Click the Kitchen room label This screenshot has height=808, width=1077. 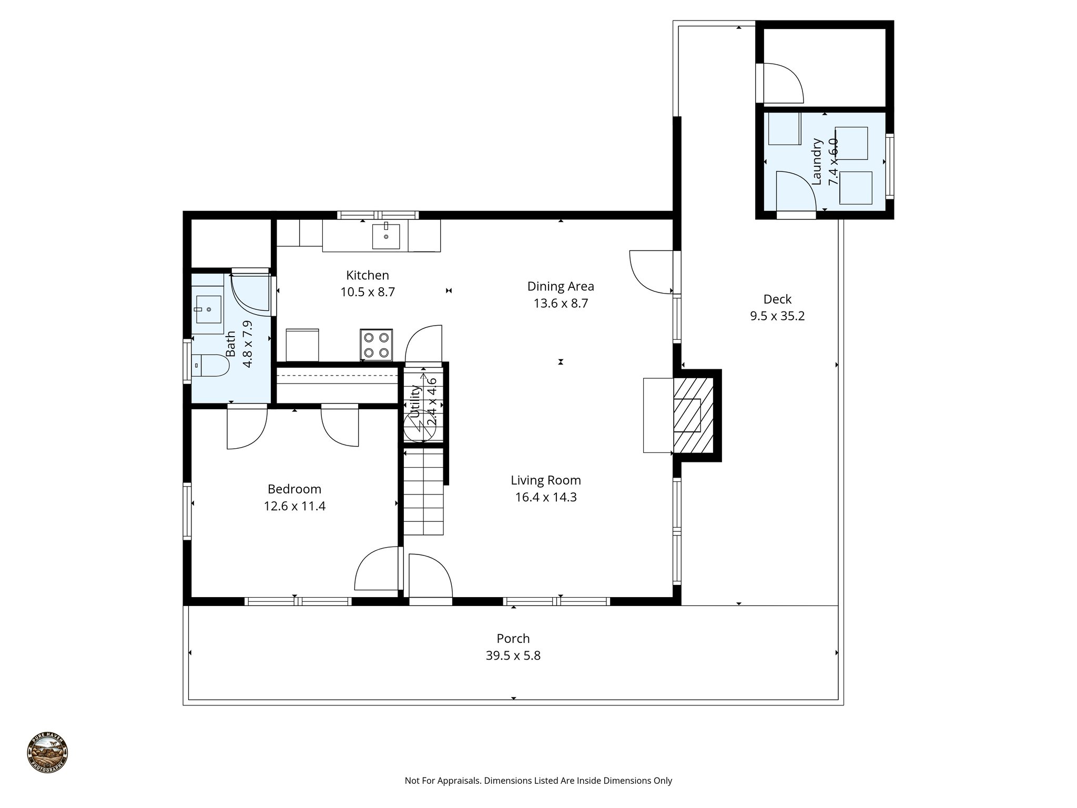[x=367, y=275]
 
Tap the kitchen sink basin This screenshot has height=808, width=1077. [x=386, y=236]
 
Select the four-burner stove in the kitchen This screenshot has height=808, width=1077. [x=376, y=345]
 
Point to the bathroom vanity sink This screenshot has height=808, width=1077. [x=209, y=309]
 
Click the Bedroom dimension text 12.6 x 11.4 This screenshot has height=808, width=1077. [x=294, y=506]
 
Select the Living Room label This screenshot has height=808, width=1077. [x=545, y=480]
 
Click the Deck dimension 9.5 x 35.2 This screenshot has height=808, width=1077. [x=777, y=316]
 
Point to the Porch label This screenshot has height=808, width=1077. [x=513, y=639]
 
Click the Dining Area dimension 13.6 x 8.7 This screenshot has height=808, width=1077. [x=561, y=304]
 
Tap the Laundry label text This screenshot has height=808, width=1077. [x=816, y=161]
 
